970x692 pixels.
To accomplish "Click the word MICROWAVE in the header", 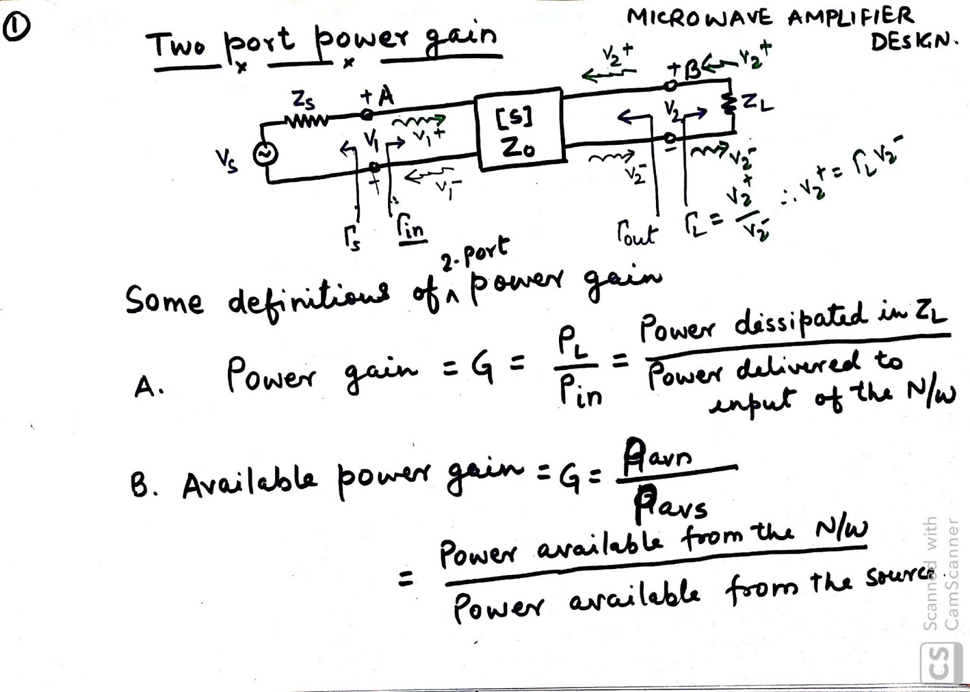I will click(699, 19).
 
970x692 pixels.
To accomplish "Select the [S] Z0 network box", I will click(519, 131).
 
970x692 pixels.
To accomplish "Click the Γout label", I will click(637, 233).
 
